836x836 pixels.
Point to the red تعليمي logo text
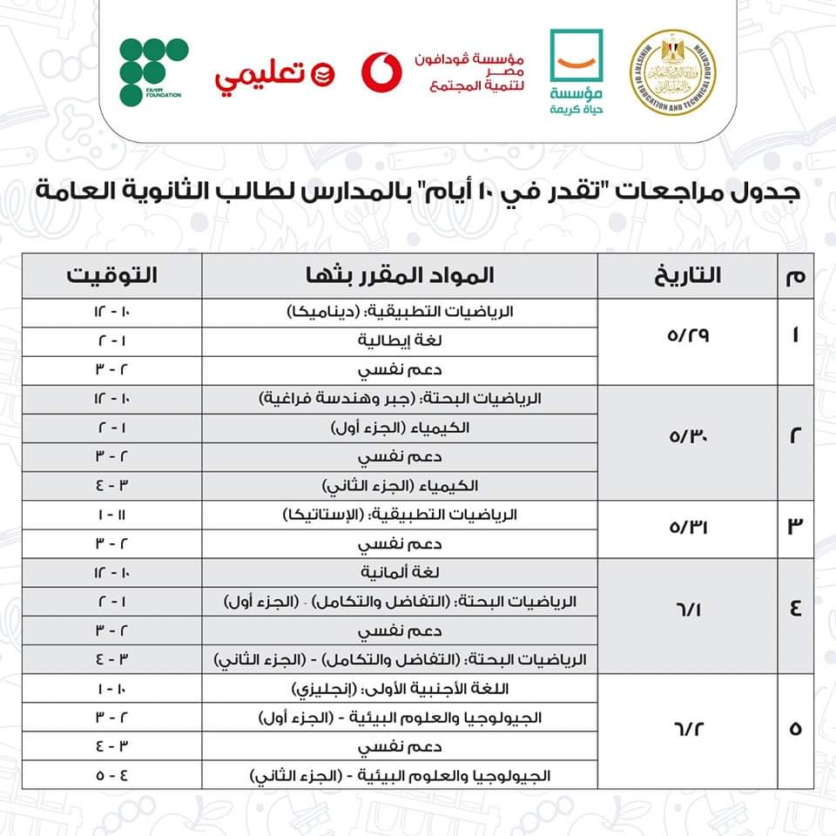[261, 77]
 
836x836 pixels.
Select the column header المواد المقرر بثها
[400, 276]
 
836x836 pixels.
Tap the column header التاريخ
[686, 276]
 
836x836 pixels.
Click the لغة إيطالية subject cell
[400, 341]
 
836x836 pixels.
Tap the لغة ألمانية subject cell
[400, 572]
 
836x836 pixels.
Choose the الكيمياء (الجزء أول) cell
[400, 428]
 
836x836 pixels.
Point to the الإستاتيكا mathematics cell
[400, 515]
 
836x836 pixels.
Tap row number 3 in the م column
[794, 529]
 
